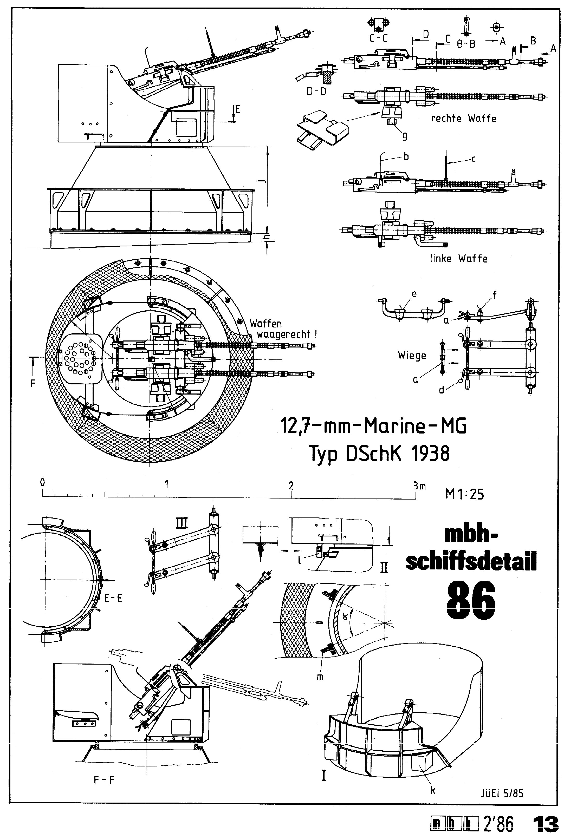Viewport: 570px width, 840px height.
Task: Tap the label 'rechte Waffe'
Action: [x=463, y=119]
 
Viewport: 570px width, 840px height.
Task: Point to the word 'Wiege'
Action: [x=412, y=355]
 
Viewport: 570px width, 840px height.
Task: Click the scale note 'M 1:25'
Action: [x=464, y=494]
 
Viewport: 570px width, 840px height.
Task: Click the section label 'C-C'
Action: [x=378, y=38]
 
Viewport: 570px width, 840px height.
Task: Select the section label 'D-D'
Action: [x=316, y=91]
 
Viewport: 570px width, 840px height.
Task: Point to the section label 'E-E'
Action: [x=113, y=599]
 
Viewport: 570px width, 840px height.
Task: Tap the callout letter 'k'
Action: [x=432, y=790]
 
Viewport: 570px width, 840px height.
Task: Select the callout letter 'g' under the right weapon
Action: [x=405, y=136]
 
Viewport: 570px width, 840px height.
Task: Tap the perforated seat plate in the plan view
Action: [x=80, y=358]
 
